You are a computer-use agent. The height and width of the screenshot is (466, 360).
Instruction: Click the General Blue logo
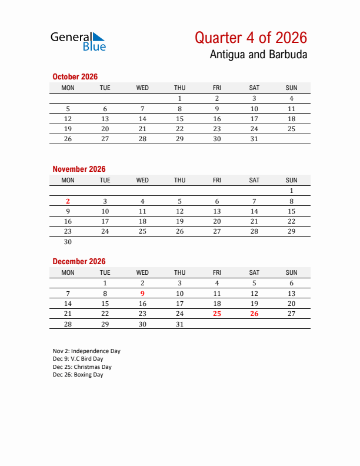coord(78,41)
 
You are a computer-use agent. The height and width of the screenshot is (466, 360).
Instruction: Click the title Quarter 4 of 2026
coord(251,38)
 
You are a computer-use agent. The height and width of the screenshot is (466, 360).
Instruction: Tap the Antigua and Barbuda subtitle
coord(258,55)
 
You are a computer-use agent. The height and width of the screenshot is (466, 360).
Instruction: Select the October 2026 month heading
coord(75,76)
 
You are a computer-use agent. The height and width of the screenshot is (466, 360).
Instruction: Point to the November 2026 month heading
coord(79,169)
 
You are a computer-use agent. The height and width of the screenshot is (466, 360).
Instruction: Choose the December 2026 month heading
coord(79,261)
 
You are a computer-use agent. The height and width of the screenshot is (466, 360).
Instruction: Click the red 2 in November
coord(68,201)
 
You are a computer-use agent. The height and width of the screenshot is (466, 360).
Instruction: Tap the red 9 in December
coord(142,294)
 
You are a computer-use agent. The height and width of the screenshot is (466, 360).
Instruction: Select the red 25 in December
coord(217,314)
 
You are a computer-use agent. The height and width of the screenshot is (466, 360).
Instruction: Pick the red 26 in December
coord(254,314)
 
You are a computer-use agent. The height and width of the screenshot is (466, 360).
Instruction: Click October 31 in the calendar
coord(254,139)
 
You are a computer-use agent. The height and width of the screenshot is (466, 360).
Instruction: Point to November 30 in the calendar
coord(68,241)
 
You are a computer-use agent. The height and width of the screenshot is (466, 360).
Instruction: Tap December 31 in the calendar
coord(179,324)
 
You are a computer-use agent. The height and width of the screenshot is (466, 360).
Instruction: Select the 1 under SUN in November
coord(291,191)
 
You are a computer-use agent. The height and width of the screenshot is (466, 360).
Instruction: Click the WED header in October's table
coord(142,88)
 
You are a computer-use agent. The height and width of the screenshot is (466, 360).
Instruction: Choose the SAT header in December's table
coord(254,272)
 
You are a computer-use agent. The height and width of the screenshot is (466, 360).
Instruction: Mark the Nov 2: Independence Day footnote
coord(86,351)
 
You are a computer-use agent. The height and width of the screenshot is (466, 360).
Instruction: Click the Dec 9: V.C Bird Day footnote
coord(78,359)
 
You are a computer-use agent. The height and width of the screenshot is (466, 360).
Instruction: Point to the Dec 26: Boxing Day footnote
coord(78,375)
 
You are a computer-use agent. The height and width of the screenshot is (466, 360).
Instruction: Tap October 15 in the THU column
coord(179,119)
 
